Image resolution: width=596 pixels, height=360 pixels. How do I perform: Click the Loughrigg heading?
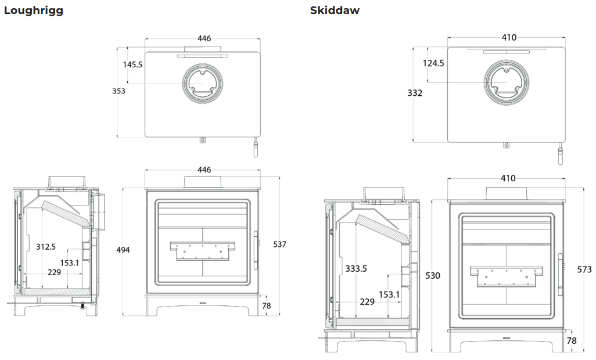(x=34, y=10)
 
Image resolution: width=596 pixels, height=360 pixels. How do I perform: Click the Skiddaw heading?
(x=335, y=10)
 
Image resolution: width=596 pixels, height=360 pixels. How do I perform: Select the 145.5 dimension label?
(x=132, y=64)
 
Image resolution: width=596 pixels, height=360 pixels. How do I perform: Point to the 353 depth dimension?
(x=119, y=91)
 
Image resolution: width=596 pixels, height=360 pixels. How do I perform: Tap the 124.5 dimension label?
(x=433, y=63)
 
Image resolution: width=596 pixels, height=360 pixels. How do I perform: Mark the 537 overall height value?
(x=279, y=244)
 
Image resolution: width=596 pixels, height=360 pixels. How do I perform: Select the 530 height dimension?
(x=433, y=275)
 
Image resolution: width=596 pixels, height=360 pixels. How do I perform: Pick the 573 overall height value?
(x=585, y=269)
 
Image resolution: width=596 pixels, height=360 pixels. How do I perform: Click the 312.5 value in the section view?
(x=45, y=247)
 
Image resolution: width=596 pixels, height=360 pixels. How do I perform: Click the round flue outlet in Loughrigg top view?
(x=202, y=84)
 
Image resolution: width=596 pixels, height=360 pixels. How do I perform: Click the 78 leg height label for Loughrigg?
(x=267, y=306)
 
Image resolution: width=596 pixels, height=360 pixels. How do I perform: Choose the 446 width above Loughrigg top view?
(x=204, y=38)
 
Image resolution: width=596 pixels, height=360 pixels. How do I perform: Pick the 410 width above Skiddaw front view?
(x=508, y=178)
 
